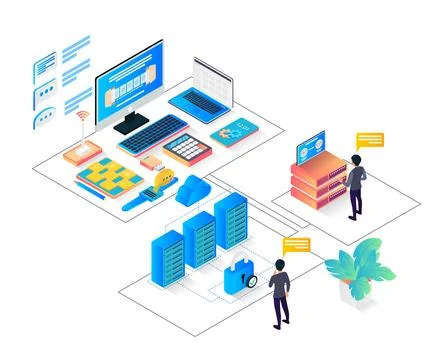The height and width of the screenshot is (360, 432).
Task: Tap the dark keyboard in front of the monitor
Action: pyautogui.click(x=151, y=133)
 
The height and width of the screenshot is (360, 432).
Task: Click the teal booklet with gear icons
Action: pyautogui.click(x=234, y=130)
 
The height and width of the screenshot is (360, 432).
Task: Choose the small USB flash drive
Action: pyautogui.click(x=150, y=160)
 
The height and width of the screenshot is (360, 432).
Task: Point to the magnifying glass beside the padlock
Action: pyautogui.click(x=250, y=281)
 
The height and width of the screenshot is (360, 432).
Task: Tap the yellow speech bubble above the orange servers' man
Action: pyautogui.click(x=370, y=141)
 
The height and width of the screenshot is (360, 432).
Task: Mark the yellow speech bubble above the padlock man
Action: pyautogui.click(x=296, y=244)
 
